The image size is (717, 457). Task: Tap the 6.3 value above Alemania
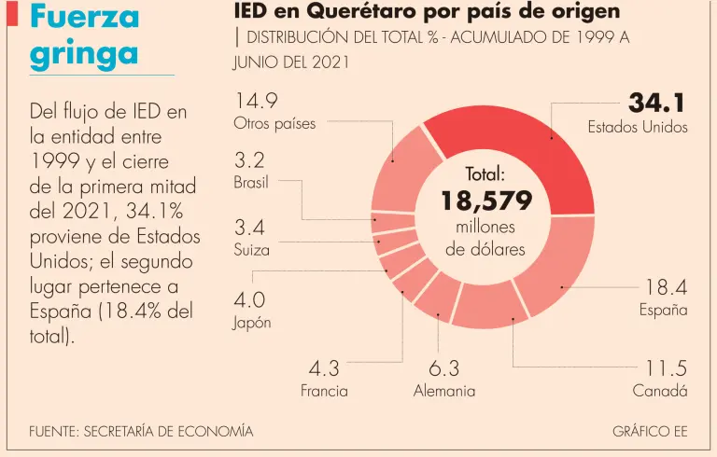point(444,368)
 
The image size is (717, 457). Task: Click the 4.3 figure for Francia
point(324,368)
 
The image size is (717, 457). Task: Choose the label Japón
point(252,323)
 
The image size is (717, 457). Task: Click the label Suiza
point(252,250)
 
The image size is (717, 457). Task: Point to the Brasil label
point(251,183)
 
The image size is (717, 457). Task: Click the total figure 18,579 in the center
point(485,201)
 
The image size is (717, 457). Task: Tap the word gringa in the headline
point(84,53)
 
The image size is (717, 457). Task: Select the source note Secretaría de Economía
point(141,432)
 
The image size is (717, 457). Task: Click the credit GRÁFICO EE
point(650,432)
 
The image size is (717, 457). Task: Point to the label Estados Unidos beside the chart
point(638,127)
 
